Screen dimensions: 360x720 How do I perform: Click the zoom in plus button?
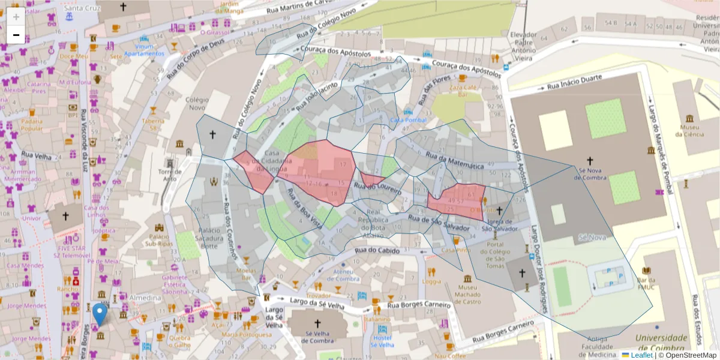point(16,17)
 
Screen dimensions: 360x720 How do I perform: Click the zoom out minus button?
point(16,35)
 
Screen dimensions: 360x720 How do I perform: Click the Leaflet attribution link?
point(641,355)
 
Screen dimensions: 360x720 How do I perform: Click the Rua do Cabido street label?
point(377,250)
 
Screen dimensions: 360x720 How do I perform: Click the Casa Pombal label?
point(408,120)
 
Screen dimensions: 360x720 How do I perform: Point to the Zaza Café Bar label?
point(463,91)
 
